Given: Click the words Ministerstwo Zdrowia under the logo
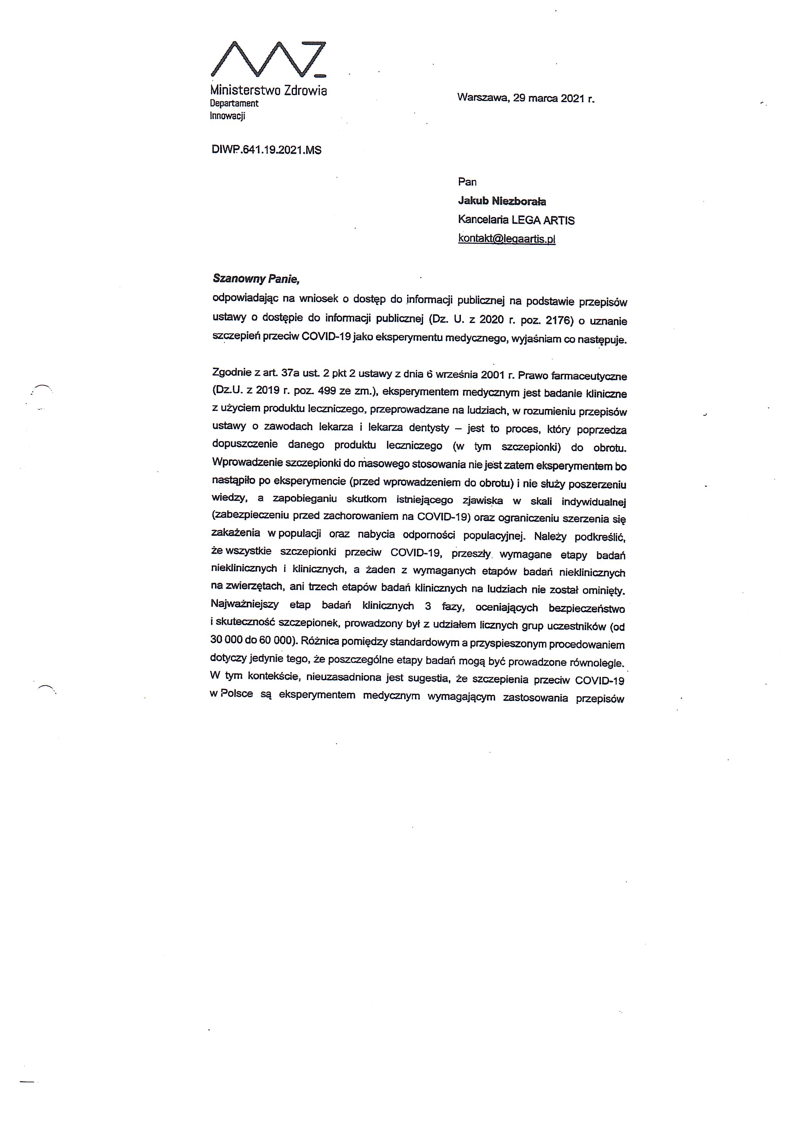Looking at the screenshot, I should click(268, 91).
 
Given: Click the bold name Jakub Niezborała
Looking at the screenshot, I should click(502, 201).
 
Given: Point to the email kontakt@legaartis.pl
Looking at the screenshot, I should click(507, 239).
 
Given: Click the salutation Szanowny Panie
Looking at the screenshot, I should click(256, 279).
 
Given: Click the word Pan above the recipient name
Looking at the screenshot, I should click(467, 182).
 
